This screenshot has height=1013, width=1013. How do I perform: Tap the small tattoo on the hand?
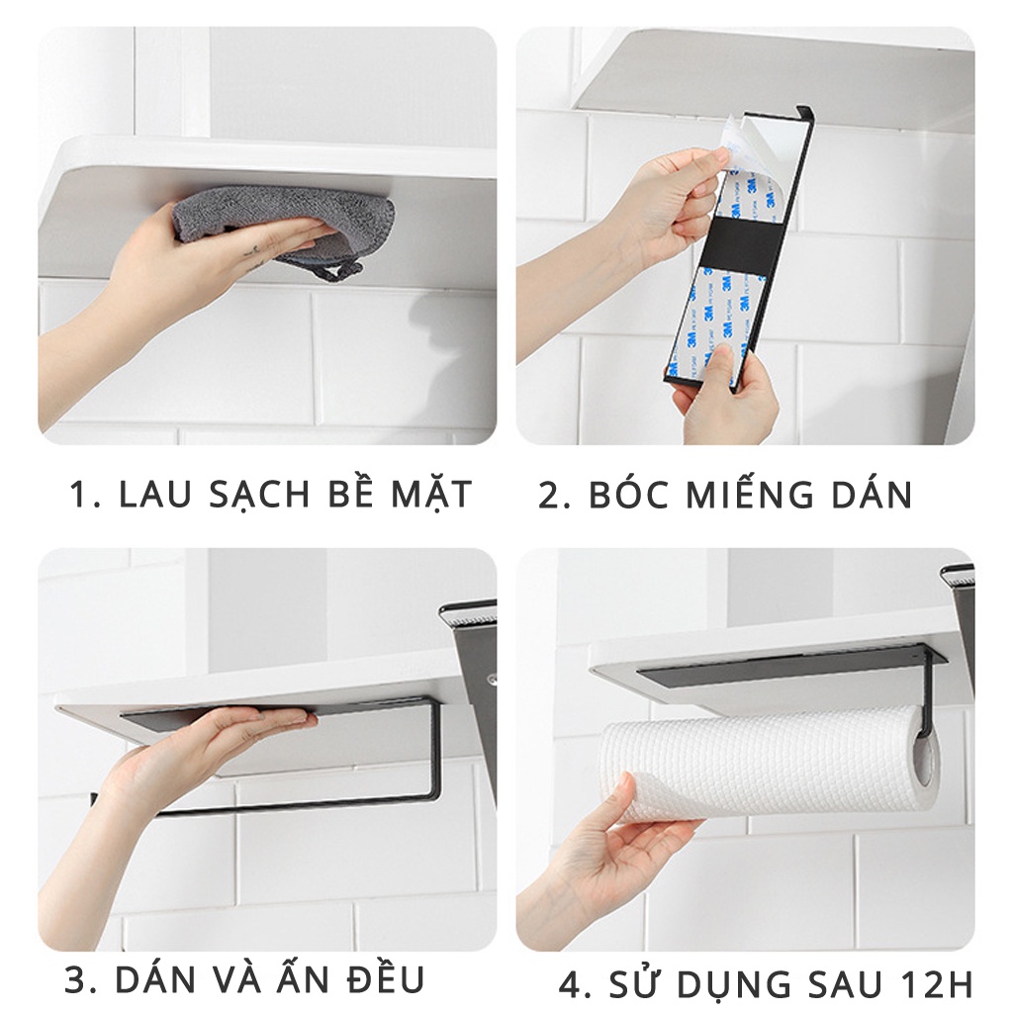pyautogui.click(x=257, y=254)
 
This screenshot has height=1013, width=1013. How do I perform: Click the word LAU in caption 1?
pyautogui.click(x=156, y=495)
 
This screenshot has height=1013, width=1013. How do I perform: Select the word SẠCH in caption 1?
pyautogui.click(x=260, y=497)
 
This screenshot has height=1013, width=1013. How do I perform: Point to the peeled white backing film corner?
pyautogui.click(x=733, y=136)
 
